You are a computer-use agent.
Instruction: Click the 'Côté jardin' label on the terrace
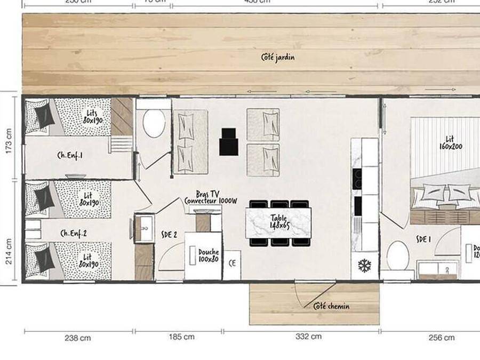point(277,57)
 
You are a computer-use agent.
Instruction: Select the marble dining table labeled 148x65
point(278,222)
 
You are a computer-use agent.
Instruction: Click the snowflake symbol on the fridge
point(364,265)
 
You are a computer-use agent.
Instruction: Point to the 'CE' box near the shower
point(232,263)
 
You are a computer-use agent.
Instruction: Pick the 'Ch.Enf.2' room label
point(75,233)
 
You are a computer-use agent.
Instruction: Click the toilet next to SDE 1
point(397,256)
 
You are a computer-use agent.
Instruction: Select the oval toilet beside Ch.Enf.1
point(154,124)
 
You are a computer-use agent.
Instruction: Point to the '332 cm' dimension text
point(309,337)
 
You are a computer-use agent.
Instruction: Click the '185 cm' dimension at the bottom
point(181,337)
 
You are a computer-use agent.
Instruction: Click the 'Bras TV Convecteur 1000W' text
point(210,198)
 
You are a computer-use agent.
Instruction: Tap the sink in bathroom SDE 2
point(143,228)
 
